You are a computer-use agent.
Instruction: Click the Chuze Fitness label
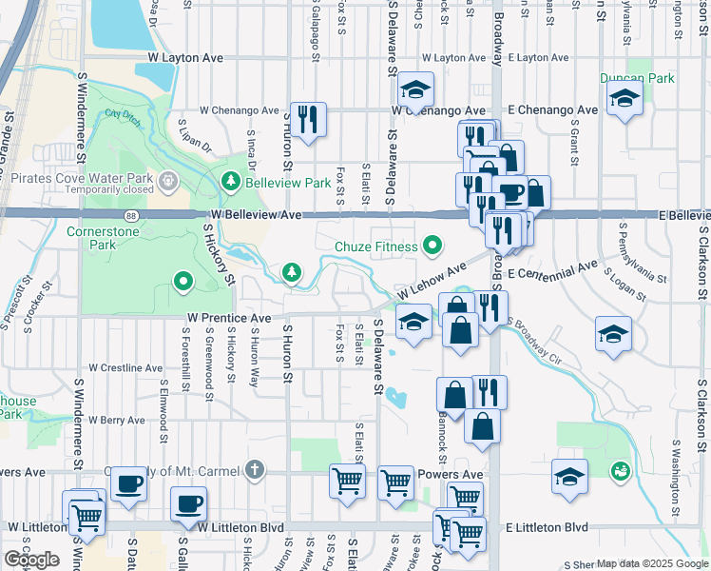click(x=375, y=247)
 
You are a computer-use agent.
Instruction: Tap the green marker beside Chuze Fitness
click(x=434, y=247)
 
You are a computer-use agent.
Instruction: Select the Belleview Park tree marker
click(x=230, y=181)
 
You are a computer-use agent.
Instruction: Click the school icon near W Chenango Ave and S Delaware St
click(x=414, y=90)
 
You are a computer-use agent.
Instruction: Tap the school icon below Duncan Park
click(x=625, y=98)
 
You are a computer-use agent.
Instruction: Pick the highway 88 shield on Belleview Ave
click(x=130, y=216)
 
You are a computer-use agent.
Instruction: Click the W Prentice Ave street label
click(x=229, y=317)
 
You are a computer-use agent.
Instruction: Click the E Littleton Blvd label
click(x=547, y=527)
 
